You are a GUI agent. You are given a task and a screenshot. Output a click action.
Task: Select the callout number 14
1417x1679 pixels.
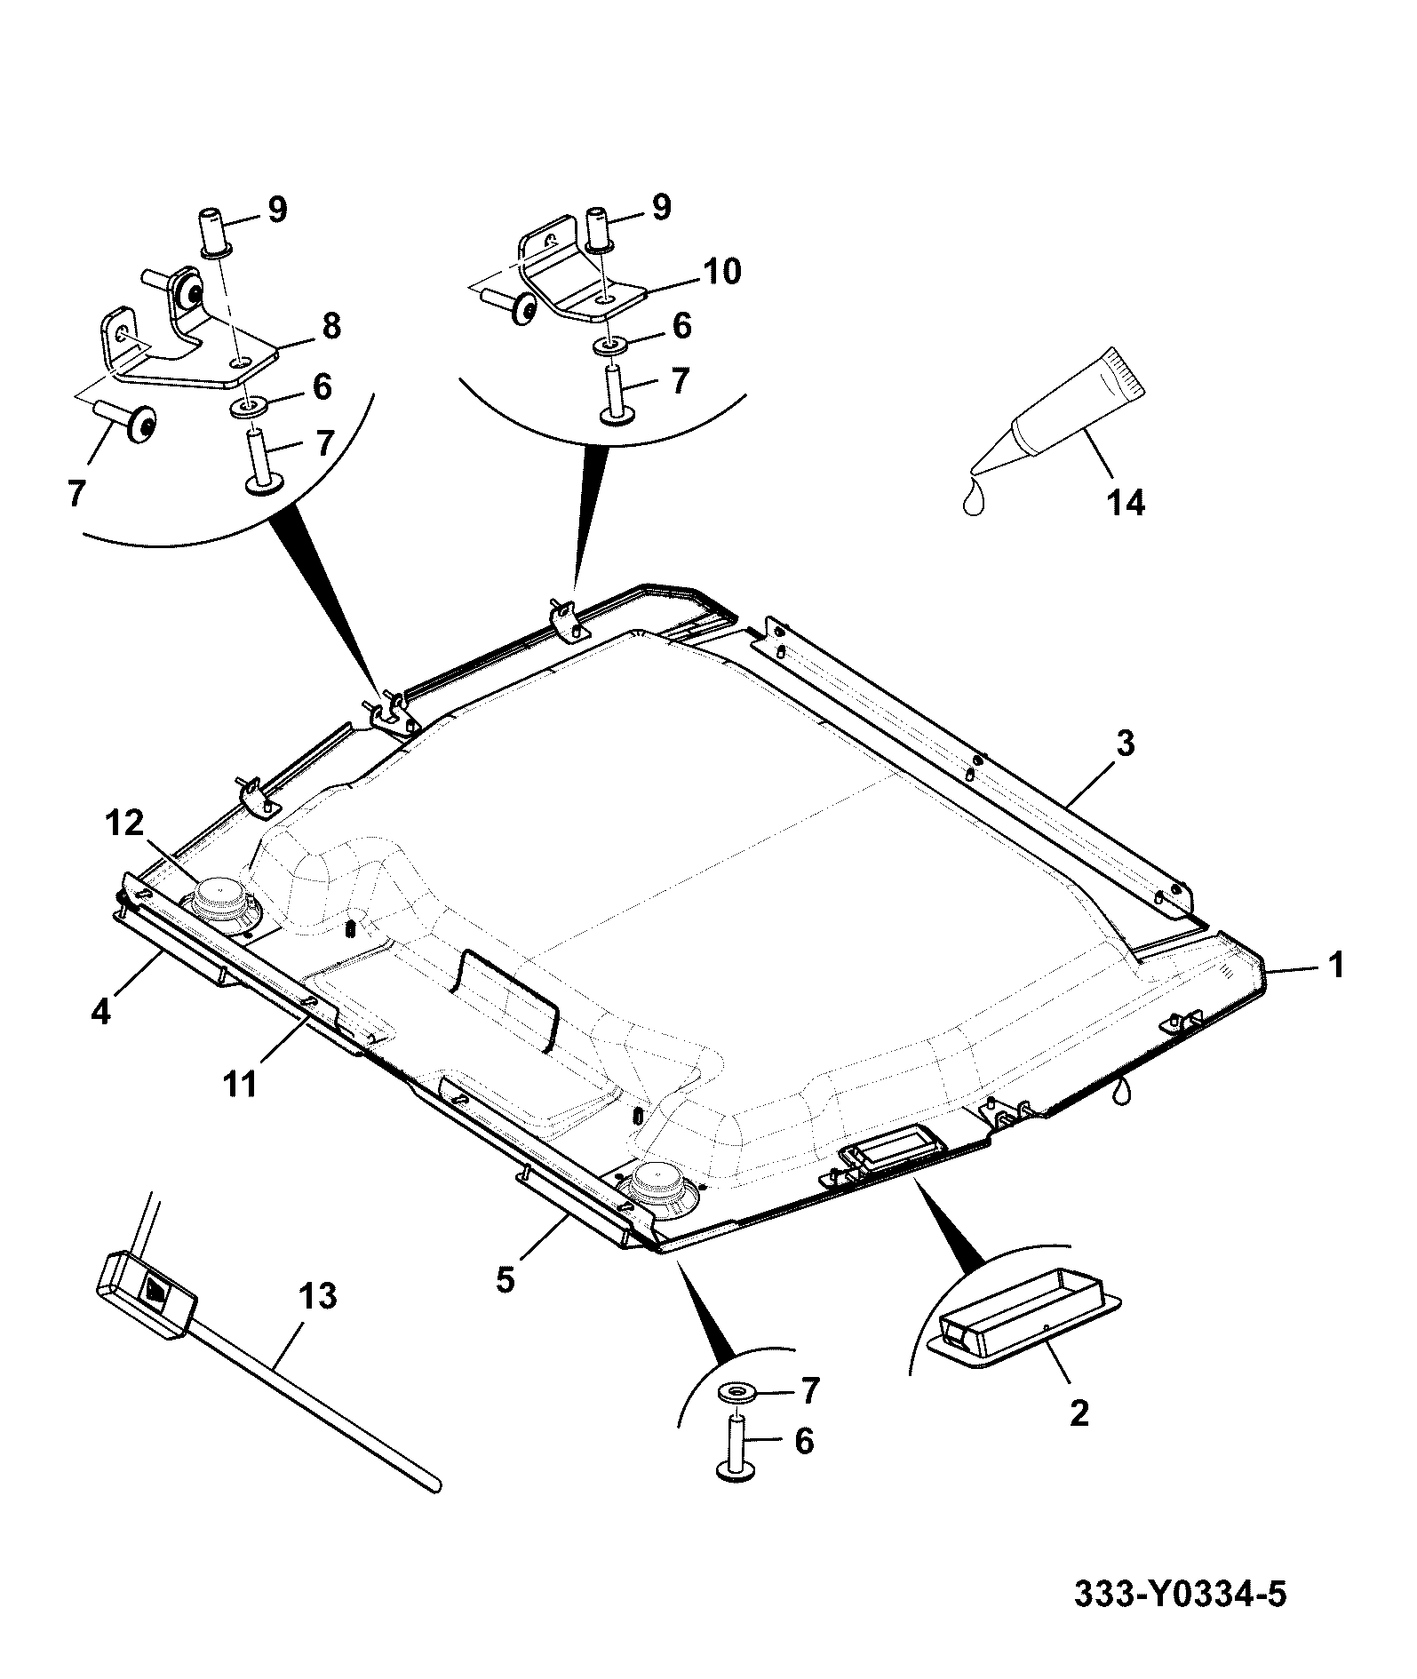coord(1126,503)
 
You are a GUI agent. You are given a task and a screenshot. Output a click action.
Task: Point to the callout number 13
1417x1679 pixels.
coord(318,1296)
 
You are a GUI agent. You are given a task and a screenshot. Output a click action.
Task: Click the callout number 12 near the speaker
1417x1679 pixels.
coord(125,824)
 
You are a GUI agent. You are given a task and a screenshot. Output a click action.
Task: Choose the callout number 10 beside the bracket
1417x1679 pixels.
coord(722,272)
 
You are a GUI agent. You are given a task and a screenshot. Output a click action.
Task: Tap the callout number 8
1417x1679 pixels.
coord(330,326)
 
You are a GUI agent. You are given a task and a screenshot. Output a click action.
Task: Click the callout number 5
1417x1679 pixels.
coord(506,1282)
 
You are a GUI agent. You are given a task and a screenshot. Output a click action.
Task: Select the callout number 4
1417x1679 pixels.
coord(100,1010)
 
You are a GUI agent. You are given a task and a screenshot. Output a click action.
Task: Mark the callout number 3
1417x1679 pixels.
coord(1125,743)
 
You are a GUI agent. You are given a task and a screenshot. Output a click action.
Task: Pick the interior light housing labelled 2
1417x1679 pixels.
coord(1023,1323)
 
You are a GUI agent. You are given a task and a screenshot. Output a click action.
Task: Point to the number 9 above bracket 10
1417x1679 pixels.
coord(661,207)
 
